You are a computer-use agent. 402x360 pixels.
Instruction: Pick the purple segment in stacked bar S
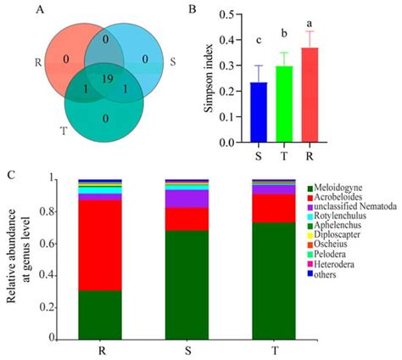tap(187, 199)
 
